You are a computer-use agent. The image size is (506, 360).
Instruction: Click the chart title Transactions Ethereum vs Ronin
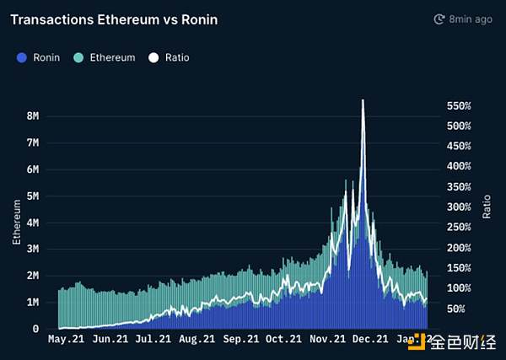tap(114, 19)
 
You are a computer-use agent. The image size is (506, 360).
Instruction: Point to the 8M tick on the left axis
tap(34, 116)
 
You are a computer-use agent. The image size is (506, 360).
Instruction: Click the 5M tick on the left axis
tap(34, 196)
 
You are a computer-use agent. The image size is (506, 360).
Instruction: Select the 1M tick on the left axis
tap(34, 302)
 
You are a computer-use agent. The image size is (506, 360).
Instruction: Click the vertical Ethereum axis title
tap(16, 223)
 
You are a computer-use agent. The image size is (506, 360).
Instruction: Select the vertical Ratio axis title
tap(487, 204)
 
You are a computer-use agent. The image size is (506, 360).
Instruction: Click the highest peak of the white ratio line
tap(363, 100)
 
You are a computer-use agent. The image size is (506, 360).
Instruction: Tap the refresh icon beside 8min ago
tap(439, 19)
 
